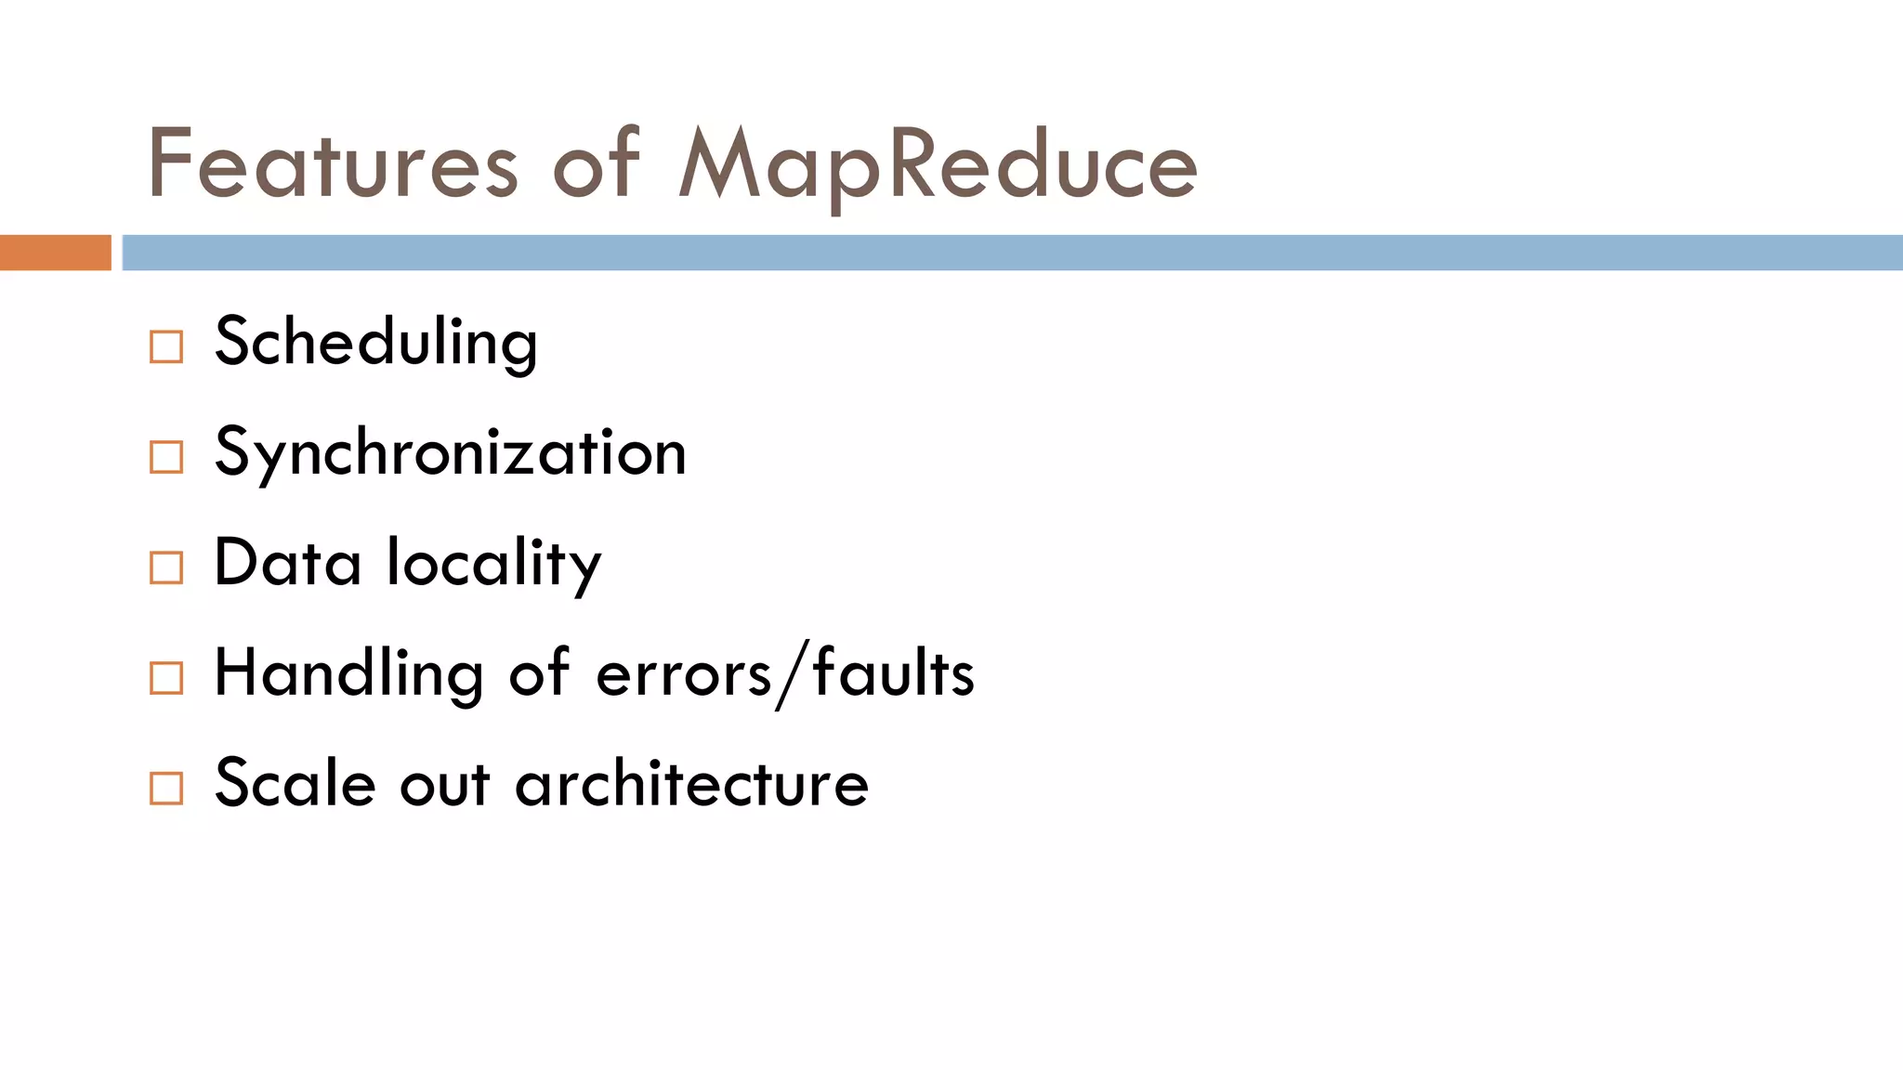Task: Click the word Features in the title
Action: point(332,165)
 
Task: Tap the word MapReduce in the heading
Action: point(938,165)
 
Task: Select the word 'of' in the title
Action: point(597,165)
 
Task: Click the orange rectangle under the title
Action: point(55,253)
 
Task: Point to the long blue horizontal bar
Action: point(1012,253)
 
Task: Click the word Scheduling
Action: point(375,342)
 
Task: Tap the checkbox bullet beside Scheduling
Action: point(166,347)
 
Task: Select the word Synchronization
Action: point(451,452)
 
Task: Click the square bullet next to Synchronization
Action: point(166,457)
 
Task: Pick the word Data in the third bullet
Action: point(287,563)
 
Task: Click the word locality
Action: point(494,563)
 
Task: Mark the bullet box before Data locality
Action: point(166,568)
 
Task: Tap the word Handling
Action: point(348,673)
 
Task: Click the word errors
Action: point(683,673)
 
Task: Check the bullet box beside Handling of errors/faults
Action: point(166,678)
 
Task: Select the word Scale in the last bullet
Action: point(295,783)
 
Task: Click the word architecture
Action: point(692,783)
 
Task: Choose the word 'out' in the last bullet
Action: point(445,783)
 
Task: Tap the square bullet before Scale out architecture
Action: point(166,789)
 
